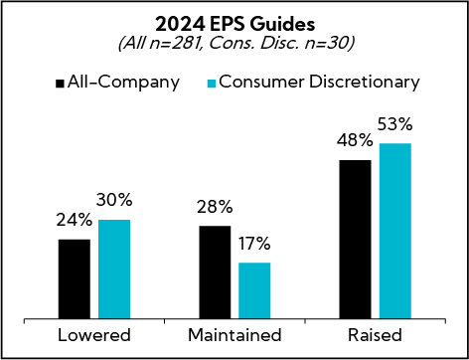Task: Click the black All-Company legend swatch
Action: (x=61, y=81)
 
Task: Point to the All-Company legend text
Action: (x=123, y=81)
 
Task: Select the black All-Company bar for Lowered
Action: (x=75, y=279)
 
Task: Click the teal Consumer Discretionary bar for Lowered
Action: (x=113, y=270)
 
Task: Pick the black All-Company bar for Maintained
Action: (x=216, y=272)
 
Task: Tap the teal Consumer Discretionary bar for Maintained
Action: (x=254, y=290)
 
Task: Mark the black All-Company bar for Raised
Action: (x=356, y=240)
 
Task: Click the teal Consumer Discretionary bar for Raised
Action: (x=394, y=231)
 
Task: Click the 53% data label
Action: (x=394, y=128)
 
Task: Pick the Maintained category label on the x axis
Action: (x=234, y=335)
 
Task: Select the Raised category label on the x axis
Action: (x=375, y=335)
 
